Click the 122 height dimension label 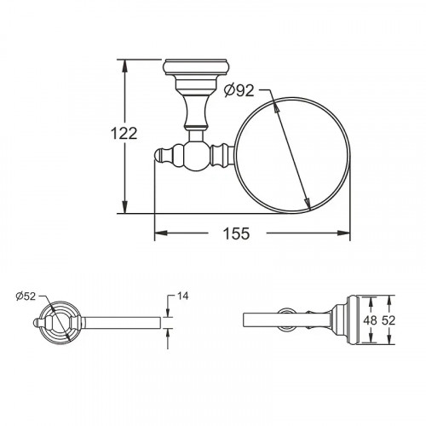tap(124, 134)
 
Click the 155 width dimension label tap(236, 233)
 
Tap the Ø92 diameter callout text tap(239, 90)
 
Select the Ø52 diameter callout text tap(26, 296)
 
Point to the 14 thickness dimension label tap(182, 296)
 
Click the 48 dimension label tap(370, 320)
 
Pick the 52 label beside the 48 tap(389, 320)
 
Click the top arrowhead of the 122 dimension tap(124, 66)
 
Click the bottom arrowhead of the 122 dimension tap(124, 207)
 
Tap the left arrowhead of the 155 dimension tap(160, 233)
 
